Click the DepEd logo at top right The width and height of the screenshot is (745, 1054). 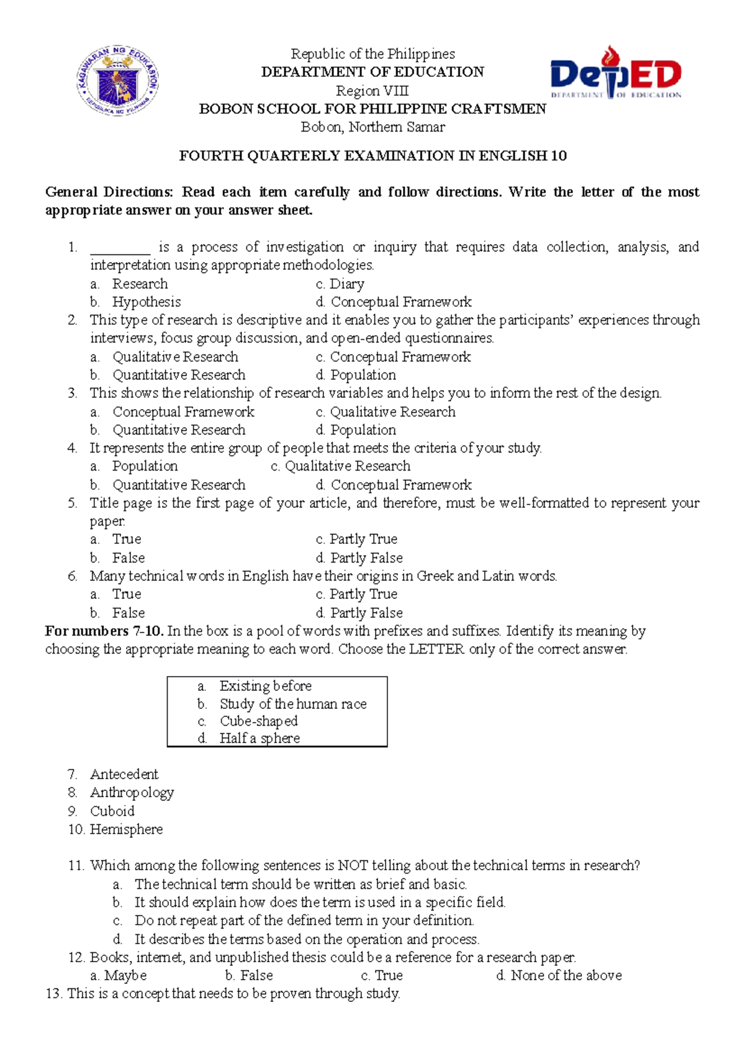tap(616, 73)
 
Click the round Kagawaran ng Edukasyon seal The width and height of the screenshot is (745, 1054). tap(118, 81)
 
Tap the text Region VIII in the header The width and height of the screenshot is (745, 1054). tap(372, 91)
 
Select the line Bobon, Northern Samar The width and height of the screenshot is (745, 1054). tap(372, 127)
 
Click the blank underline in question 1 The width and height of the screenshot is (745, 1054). tap(120, 248)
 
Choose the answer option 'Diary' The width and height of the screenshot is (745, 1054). tap(346, 284)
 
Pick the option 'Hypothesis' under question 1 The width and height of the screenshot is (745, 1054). tap(147, 302)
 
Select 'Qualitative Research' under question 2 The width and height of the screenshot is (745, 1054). tap(175, 357)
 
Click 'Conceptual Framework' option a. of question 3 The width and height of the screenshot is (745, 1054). tap(183, 412)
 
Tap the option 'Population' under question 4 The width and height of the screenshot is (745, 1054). tap(145, 466)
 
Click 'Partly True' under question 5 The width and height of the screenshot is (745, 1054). tap(363, 539)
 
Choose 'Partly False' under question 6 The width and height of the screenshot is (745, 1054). tap(366, 613)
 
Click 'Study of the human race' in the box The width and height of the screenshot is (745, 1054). tap(293, 704)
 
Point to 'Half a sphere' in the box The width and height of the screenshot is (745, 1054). tap(260, 738)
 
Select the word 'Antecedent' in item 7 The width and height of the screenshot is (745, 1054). tap(124, 775)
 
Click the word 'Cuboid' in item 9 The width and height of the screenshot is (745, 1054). tap(112, 811)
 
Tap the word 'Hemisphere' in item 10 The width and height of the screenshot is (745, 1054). tap(126, 829)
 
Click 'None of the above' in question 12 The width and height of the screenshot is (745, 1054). tap(566, 976)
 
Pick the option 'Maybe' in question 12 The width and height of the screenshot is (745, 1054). tap(125, 976)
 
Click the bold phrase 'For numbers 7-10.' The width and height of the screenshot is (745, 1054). tap(104, 631)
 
